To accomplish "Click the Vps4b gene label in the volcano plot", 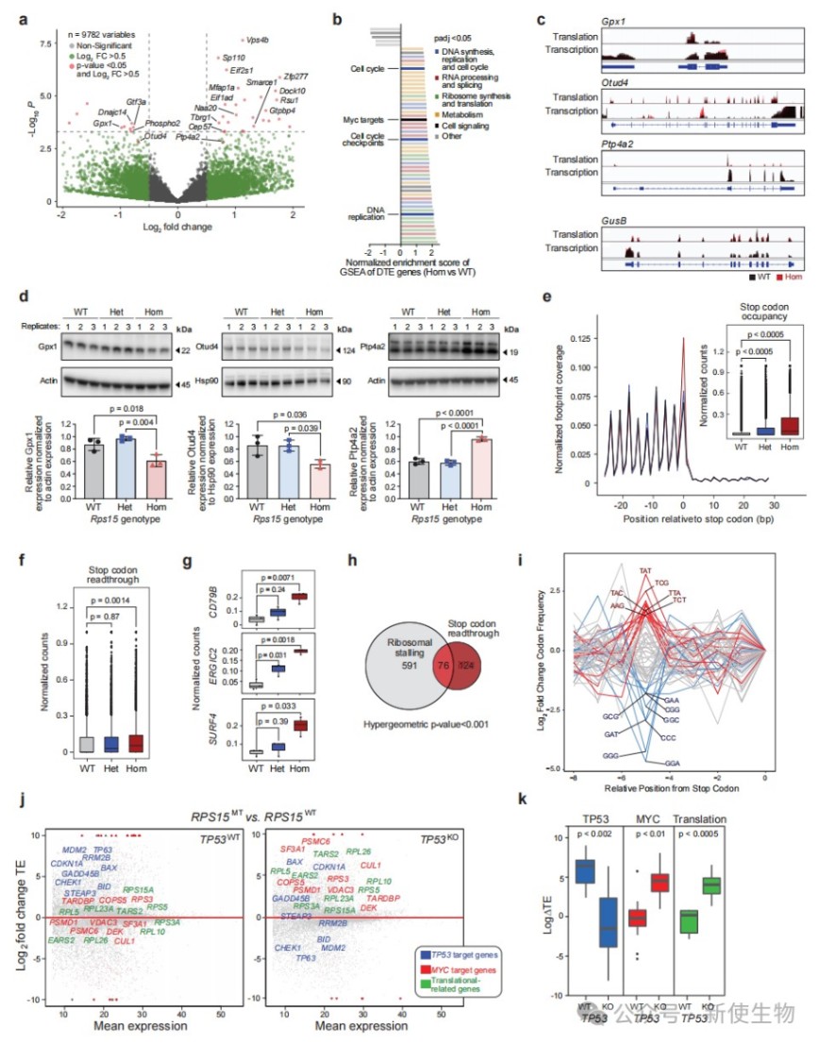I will pyautogui.click(x=257, y=41).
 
